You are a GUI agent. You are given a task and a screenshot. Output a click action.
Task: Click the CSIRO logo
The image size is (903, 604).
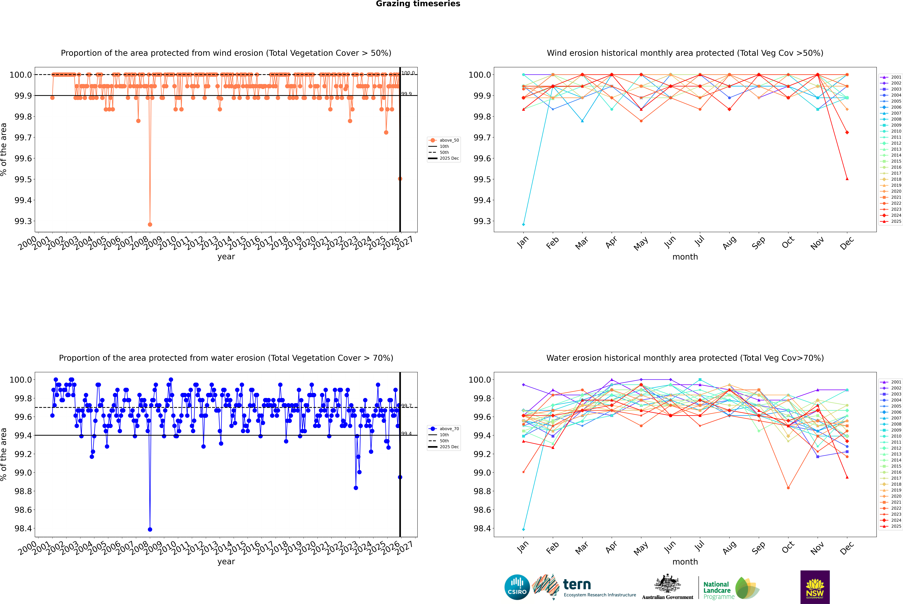pos(517,587)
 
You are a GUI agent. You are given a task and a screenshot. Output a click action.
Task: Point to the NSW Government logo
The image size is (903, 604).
pos(815,587)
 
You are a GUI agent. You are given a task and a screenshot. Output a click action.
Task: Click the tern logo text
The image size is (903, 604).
pos(577,584)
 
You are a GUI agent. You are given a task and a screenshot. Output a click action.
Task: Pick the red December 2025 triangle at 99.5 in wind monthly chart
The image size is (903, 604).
pos(847,179)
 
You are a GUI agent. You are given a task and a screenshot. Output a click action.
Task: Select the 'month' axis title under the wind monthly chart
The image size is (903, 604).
pos(685,257)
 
